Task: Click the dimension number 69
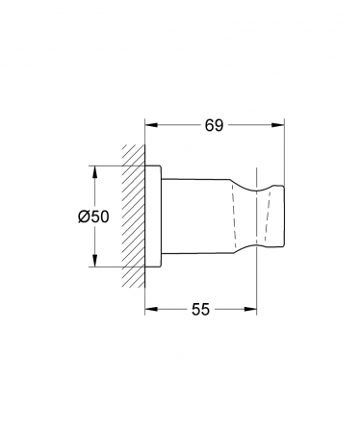(214, 125)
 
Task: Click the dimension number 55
(200, 309)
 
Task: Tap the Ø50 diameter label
(93, 216)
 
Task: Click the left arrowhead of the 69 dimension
(151, 125)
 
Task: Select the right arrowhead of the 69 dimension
(278, 125)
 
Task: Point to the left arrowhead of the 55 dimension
(151, 309)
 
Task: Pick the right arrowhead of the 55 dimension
(250, 309)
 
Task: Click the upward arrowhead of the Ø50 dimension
(94, 172)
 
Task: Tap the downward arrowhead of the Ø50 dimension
(94, 260)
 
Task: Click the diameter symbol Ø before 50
(84, 216)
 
